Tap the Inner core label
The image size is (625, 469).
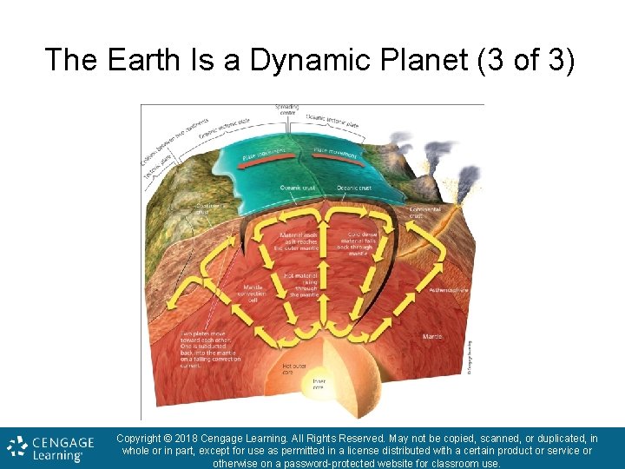pos(319,384)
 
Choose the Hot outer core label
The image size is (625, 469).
pos(293,370)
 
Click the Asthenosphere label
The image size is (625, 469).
pos(448,290)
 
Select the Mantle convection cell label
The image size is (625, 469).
pos(253,293)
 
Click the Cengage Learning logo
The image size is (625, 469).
pos(45,448)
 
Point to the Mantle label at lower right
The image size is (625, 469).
pos(431,336)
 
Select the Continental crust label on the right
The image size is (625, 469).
pos(425,212)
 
